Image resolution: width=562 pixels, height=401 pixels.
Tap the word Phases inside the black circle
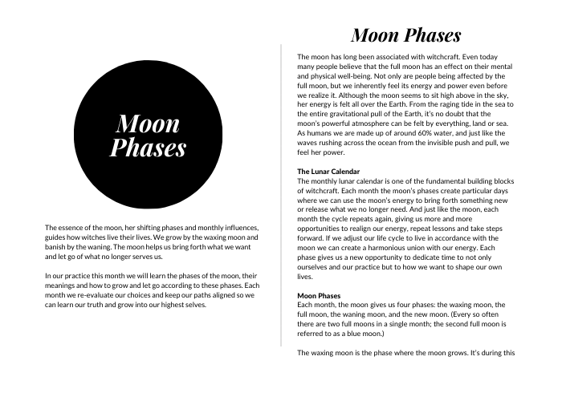148,148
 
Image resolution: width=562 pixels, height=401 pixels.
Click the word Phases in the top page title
429,36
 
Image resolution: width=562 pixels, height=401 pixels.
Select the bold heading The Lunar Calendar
328,172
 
